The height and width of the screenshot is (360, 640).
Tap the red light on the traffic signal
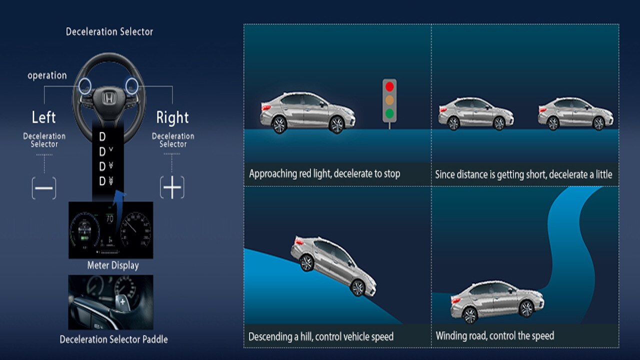point(389,86)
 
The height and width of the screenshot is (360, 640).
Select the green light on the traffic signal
point(389,113)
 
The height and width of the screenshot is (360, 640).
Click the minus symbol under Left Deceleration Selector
point(44,188)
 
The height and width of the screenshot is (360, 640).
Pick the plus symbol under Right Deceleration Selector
point(172,188)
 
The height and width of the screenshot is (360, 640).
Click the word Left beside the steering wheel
point(43,117)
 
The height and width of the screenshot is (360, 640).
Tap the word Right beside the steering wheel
point(172,117)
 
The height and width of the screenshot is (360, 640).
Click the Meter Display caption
point(113,265)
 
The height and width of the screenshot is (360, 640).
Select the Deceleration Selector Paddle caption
point(113,339)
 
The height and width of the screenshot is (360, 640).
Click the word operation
point(47,75)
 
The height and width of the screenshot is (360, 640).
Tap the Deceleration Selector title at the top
point(109,31)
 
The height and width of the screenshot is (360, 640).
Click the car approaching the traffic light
point(307,112)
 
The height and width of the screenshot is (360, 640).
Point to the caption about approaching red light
point(324,174)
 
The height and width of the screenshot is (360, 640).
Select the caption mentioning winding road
point(494,335)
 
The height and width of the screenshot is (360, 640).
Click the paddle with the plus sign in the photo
point(122,301)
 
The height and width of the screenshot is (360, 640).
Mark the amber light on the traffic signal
point(389,100)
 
